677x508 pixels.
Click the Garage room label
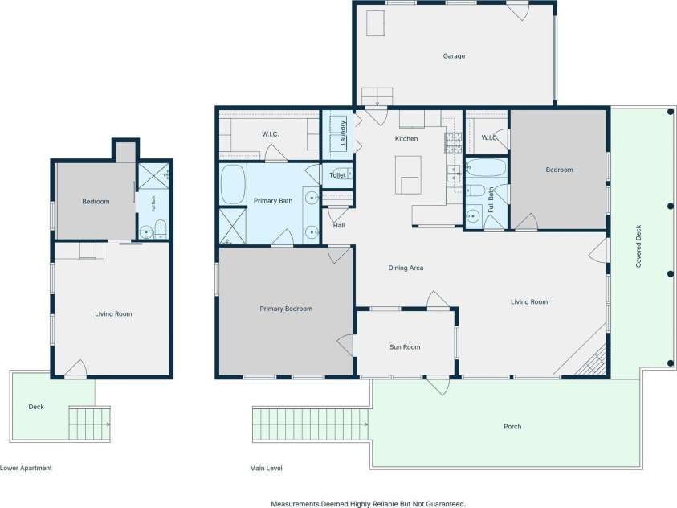pyautogui.click(x=454, y=56)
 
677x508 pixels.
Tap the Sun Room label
pyautogui.click(x=405, y=347)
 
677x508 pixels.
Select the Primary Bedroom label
pyautogui.click(x=286, y=309)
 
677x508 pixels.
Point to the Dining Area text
pyautogui.click(x=406, y=268)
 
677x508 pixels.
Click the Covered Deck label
pyautogui.click(x=638, y=246)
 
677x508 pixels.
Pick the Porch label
pyautogui.click(x=512, y=427)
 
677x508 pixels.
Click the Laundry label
pyautogui.click(x=343, y=133)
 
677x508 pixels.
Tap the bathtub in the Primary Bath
pyautogui.click(x=233, y=184)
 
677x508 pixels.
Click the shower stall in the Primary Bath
pyautogui.click(x=233, y=227)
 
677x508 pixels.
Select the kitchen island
pyautogui.click(x=408, y=175)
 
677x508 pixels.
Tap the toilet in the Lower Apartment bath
pyautogui.click(x=160, y=228)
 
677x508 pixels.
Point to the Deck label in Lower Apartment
pyautogui.click(x=36, y=407)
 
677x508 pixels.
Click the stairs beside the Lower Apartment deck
pyautogui.click(x=89, y=424)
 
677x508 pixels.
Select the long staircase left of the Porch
pyautogui.click(x=311, y=424)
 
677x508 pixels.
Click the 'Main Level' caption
pyautogui.click(x=266, y=469)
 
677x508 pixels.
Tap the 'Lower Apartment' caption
pyautogui.click(x=26, y=469)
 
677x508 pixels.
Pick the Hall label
pyautogui.click(x=339, y=226)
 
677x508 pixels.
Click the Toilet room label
pyautogui.click(x=337, y=175)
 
